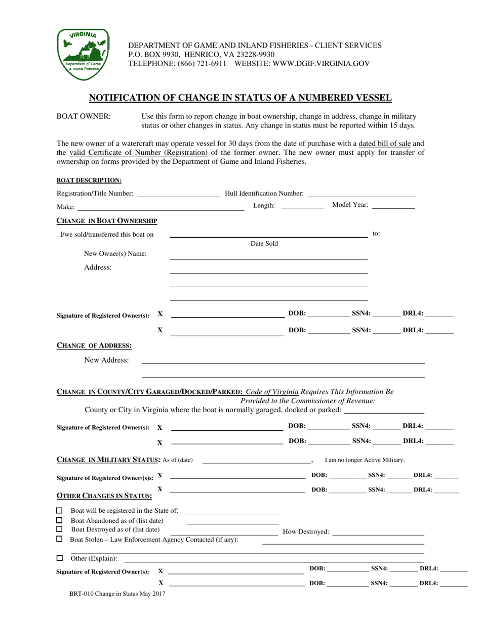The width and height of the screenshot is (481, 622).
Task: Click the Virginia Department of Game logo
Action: pyautogui.click(x=82, y=54)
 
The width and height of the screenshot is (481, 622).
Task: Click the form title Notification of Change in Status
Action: pyautogui.click(x=240, y=98)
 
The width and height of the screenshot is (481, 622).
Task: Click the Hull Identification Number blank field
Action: pyautogui.click(x=362, y=194)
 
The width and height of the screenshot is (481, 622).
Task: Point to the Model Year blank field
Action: pyautogui.click(x=393, y=206)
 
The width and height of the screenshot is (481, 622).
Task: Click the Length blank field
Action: pyautogui.click(x=302, y=206)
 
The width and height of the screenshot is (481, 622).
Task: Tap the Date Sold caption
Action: pyautogui.click(x=264, y=244)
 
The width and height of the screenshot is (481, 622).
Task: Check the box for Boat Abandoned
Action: pyautogui.click(x=59, y=520)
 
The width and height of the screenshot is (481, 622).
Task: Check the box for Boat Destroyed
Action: pyautogui.click(x=59, y=529)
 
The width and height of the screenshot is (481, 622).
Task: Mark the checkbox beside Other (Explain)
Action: pyautogui.click(x=59, y=558)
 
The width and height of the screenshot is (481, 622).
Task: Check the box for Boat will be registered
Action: pyautogui.click(x=59, y=510)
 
